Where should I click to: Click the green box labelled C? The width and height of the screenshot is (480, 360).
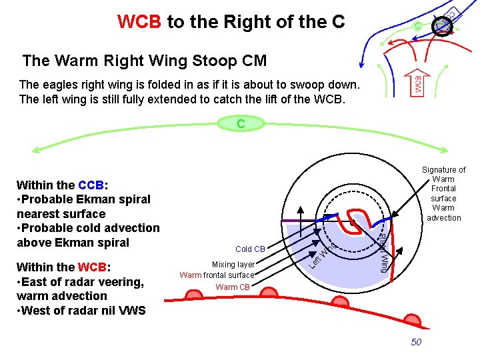point(240,123)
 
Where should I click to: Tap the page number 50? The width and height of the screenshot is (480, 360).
point(416,342)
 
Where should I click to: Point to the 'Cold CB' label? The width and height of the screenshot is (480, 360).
point(250,249)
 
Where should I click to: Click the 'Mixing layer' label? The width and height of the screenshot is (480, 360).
point(233,265)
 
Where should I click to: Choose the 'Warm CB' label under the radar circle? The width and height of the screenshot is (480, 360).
point(231,287)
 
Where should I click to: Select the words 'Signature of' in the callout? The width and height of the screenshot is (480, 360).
point(443,170)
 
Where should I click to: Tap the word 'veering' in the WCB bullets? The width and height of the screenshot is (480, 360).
point(120,281)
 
